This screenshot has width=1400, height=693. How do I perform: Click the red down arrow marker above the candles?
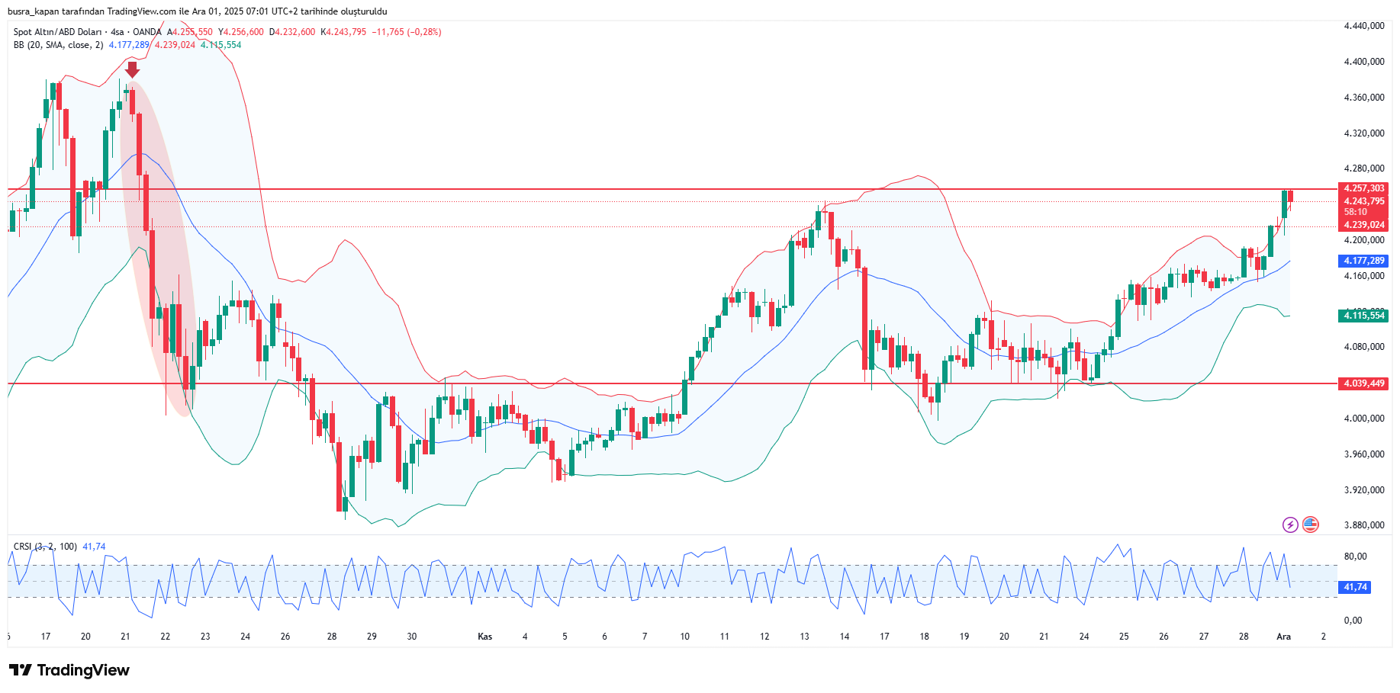click(x=132, y=69)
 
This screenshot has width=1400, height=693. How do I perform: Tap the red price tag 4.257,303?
click(x=1363, y=188)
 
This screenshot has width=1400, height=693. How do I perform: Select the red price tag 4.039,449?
click(x=1363, y=383)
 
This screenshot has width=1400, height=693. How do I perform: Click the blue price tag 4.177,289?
click(x=1363, y=261)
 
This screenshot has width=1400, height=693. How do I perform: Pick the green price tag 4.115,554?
click(x=1363, y=316)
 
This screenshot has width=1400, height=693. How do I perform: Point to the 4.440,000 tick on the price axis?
click(x=1363, y=26)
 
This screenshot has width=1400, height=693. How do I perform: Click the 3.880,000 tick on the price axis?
click(x=1363, y=525)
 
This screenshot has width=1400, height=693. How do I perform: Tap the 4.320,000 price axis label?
click(x=1363, y=133)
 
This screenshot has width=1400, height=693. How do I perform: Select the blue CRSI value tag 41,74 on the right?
click(x=1355, y=587)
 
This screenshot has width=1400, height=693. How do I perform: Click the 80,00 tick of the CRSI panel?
click(x=1355, y=557)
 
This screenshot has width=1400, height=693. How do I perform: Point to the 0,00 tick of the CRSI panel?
click(x=1353, y=621)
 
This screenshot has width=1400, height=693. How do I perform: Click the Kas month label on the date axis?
click(x=484, y=637)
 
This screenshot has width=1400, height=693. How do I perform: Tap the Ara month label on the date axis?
click(x=1283, y=637)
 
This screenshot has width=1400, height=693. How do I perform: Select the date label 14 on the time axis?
click(x=844, y=637)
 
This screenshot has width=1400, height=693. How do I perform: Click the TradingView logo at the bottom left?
click(x=69, y=670)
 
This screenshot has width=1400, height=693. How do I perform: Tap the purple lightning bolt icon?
click(x=1289, y=525)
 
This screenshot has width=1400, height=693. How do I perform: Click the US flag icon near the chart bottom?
click(x=1310, y=525)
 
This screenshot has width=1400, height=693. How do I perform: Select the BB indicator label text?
click(x=58, y=45)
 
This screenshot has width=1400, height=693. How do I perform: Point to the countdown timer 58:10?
click(x=1355, y=212)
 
